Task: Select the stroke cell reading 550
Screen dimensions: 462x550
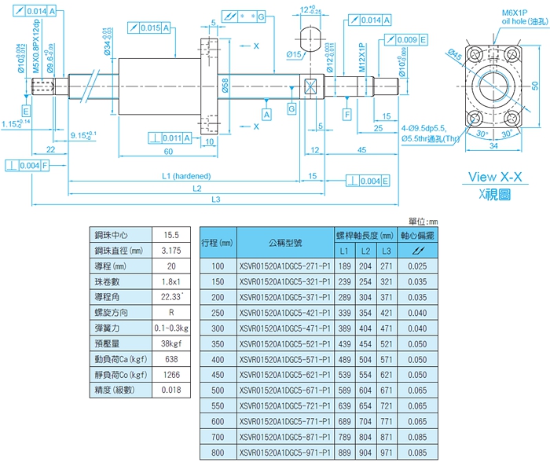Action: tap(218, 407)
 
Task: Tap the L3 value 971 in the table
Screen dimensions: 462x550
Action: tap(386, 454)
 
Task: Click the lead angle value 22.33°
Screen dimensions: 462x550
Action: tap(170, 296)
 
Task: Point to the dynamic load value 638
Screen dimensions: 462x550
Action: tap(171, 359)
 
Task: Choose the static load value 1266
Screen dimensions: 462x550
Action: tap(171, 375)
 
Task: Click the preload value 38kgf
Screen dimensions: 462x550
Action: tap(171, 343)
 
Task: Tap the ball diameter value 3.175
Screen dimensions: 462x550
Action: tap(171, 250)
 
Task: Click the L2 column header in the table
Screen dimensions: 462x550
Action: tap(365, 251)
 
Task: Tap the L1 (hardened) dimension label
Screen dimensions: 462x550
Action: tap(179, 176)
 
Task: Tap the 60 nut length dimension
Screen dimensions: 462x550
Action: tap(167, 151)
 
